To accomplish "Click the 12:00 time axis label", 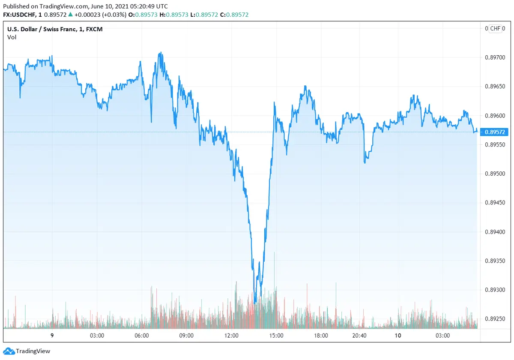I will click(231, 336).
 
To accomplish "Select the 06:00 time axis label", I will click(142, 336).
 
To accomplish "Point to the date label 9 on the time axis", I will click(52, 336).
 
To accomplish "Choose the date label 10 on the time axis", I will click(398, 336).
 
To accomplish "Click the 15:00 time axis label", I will click(276, 336).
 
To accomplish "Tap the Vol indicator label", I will click(12, 37).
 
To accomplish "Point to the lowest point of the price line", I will click(255, 303).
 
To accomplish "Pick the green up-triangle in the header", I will click(71, 15).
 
